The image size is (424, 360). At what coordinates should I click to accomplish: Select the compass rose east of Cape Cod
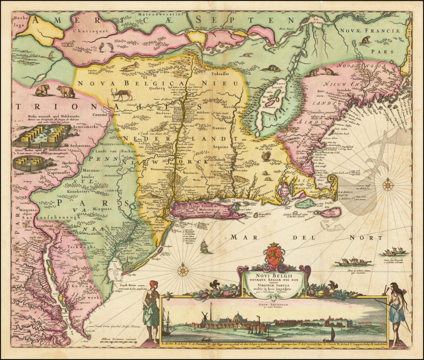[x=388, y=185]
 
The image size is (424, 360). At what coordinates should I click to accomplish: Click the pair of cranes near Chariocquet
[x=106, y=48]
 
